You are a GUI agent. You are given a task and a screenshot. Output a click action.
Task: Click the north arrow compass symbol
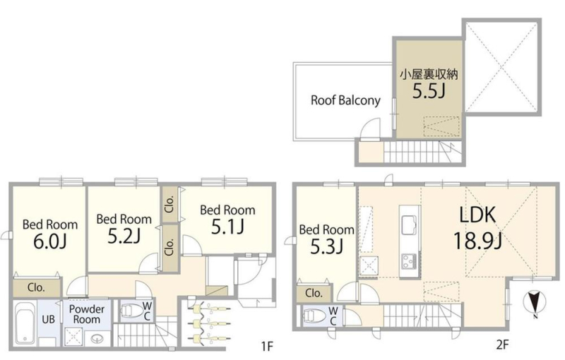pos(535,303)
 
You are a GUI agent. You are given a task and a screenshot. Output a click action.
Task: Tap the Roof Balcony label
pos(345,100)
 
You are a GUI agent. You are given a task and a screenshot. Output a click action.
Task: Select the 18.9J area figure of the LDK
pos(477,241)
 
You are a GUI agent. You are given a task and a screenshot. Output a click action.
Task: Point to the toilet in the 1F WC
pos(131,311)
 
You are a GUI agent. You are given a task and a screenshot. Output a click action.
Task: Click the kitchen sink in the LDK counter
pos(410,224)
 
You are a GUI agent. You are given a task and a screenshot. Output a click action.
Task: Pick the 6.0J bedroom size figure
pos(49,241)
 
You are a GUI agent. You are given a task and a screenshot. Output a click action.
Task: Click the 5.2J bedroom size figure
pos(124,236)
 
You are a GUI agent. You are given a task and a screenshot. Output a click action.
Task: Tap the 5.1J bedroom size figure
pos(227,227)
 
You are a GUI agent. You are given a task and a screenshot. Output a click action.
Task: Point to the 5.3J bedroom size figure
pos(326,246)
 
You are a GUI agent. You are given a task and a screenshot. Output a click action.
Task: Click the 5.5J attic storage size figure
pos(429,91)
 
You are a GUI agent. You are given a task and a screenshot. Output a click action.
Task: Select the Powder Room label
pos(87,314)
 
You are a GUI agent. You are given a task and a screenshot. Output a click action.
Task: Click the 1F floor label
pos(268,347)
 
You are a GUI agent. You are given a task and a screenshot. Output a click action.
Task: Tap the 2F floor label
pos(502,345)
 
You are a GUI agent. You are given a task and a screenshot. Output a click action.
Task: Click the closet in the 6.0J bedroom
pos(37,287)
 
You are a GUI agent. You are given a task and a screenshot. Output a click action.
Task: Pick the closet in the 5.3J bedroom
pos(314,294)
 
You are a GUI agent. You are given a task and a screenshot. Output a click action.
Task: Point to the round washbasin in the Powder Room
pos(97,339)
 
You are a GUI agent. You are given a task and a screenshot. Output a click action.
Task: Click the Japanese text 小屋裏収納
pos(429,75)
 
